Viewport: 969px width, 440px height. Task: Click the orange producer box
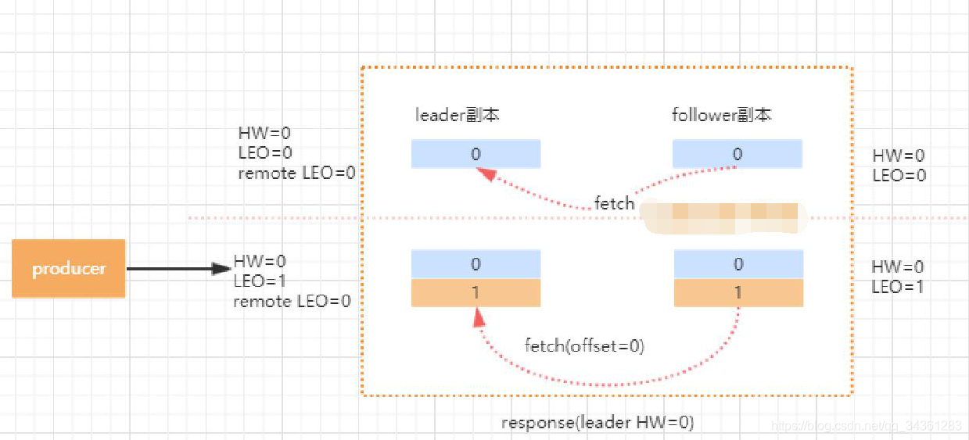click(68, 269)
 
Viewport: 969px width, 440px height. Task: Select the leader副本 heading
click(458, 115)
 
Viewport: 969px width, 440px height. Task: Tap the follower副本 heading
click(722, 115)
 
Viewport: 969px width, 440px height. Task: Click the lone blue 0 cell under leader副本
click(476, 154)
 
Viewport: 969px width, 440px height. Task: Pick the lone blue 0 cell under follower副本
click(737, 154)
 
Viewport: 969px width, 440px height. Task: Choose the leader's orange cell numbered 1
click(476, 292)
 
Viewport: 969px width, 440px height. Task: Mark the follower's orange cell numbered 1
click(738, 292)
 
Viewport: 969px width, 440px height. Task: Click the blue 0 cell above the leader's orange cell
click(476, 264)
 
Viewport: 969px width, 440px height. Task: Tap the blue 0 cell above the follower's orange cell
click(738, 264)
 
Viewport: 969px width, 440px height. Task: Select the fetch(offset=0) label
click(584, 345)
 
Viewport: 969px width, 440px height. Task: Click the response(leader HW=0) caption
click(598, 423)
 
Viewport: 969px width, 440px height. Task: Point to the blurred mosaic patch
click(720, 216)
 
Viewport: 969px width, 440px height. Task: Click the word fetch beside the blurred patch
click(614, 203)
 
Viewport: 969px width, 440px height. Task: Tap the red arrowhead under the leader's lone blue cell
click(488, 174)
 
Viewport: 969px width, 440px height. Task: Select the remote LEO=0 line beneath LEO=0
click(296, 173)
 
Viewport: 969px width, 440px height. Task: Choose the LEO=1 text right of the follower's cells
click(898, 287)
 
